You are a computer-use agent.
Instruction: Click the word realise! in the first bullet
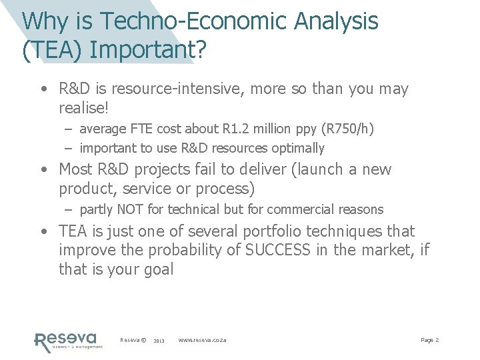(83, 107)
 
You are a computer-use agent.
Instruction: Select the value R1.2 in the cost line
(225, 129)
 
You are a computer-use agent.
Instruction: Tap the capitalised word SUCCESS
(277, 250)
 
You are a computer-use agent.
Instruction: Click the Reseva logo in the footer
(67, 341)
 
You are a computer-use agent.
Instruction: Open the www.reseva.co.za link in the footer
(202, 340)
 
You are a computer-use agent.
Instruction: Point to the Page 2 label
(429, 340)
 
